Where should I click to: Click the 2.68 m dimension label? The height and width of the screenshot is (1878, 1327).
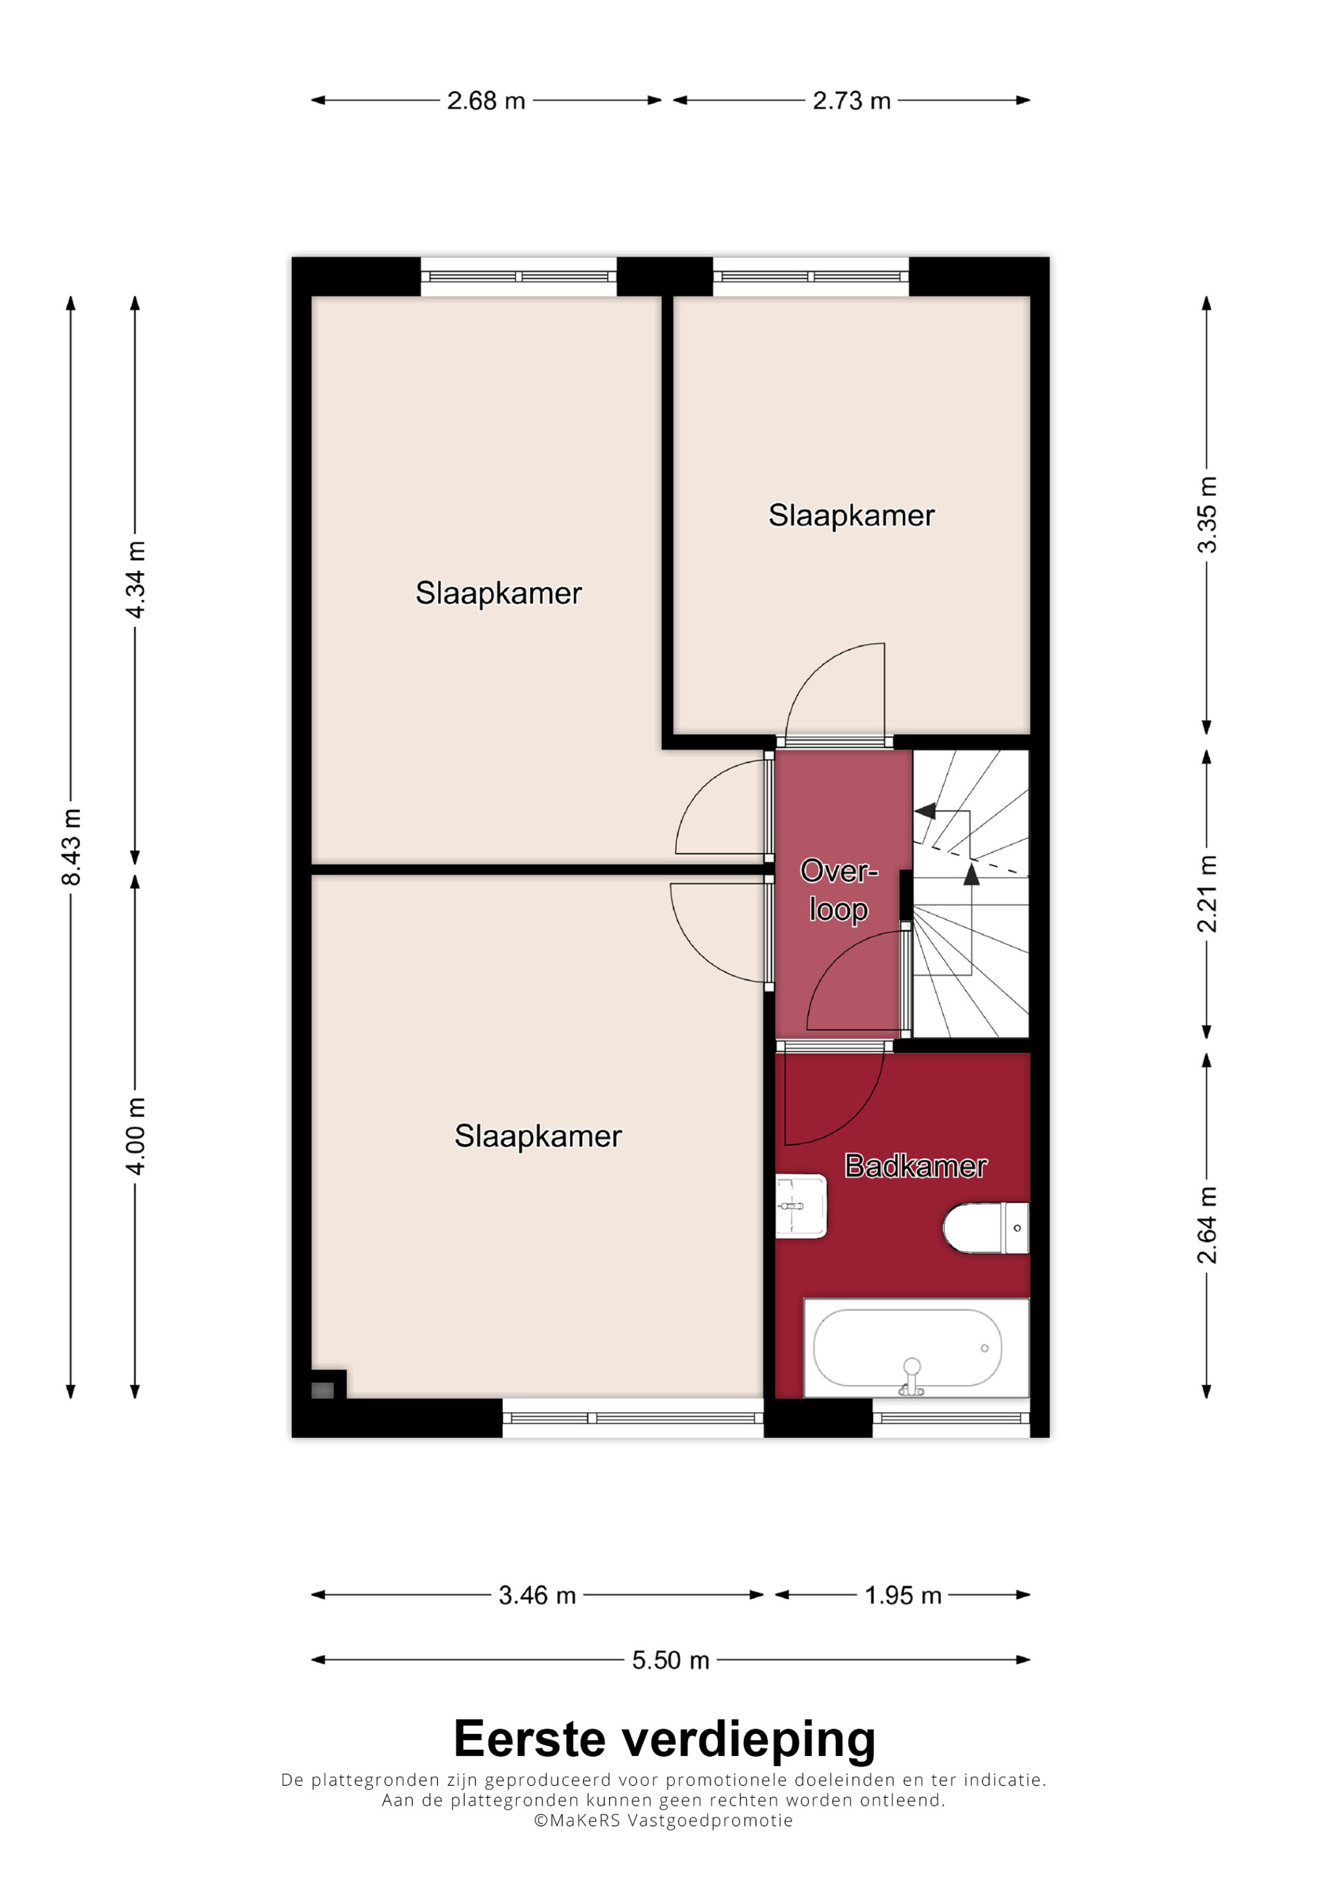click(486, 101)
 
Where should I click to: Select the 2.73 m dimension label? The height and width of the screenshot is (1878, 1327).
click(851, 101)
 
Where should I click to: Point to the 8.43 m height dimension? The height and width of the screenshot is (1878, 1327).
click(71, 847)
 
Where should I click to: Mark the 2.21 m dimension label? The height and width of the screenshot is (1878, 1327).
click(1207, 894)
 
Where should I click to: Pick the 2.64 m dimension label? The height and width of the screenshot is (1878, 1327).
click(1207, 1224)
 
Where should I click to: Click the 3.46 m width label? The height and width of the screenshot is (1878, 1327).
click(537, 1595)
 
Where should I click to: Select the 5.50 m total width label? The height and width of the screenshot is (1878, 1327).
click(670, 1660)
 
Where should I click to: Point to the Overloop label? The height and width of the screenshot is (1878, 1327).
click(839, 890)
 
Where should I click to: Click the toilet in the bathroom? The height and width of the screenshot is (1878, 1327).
click(986, 1228)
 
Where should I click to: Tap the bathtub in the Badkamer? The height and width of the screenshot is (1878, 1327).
click(916, 1347)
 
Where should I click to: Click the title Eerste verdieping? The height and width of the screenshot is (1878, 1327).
click(664, 1740)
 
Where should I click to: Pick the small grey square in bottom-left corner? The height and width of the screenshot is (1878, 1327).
click(323, 1390)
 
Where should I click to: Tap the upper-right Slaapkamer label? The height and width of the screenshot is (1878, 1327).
click(851, 516)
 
